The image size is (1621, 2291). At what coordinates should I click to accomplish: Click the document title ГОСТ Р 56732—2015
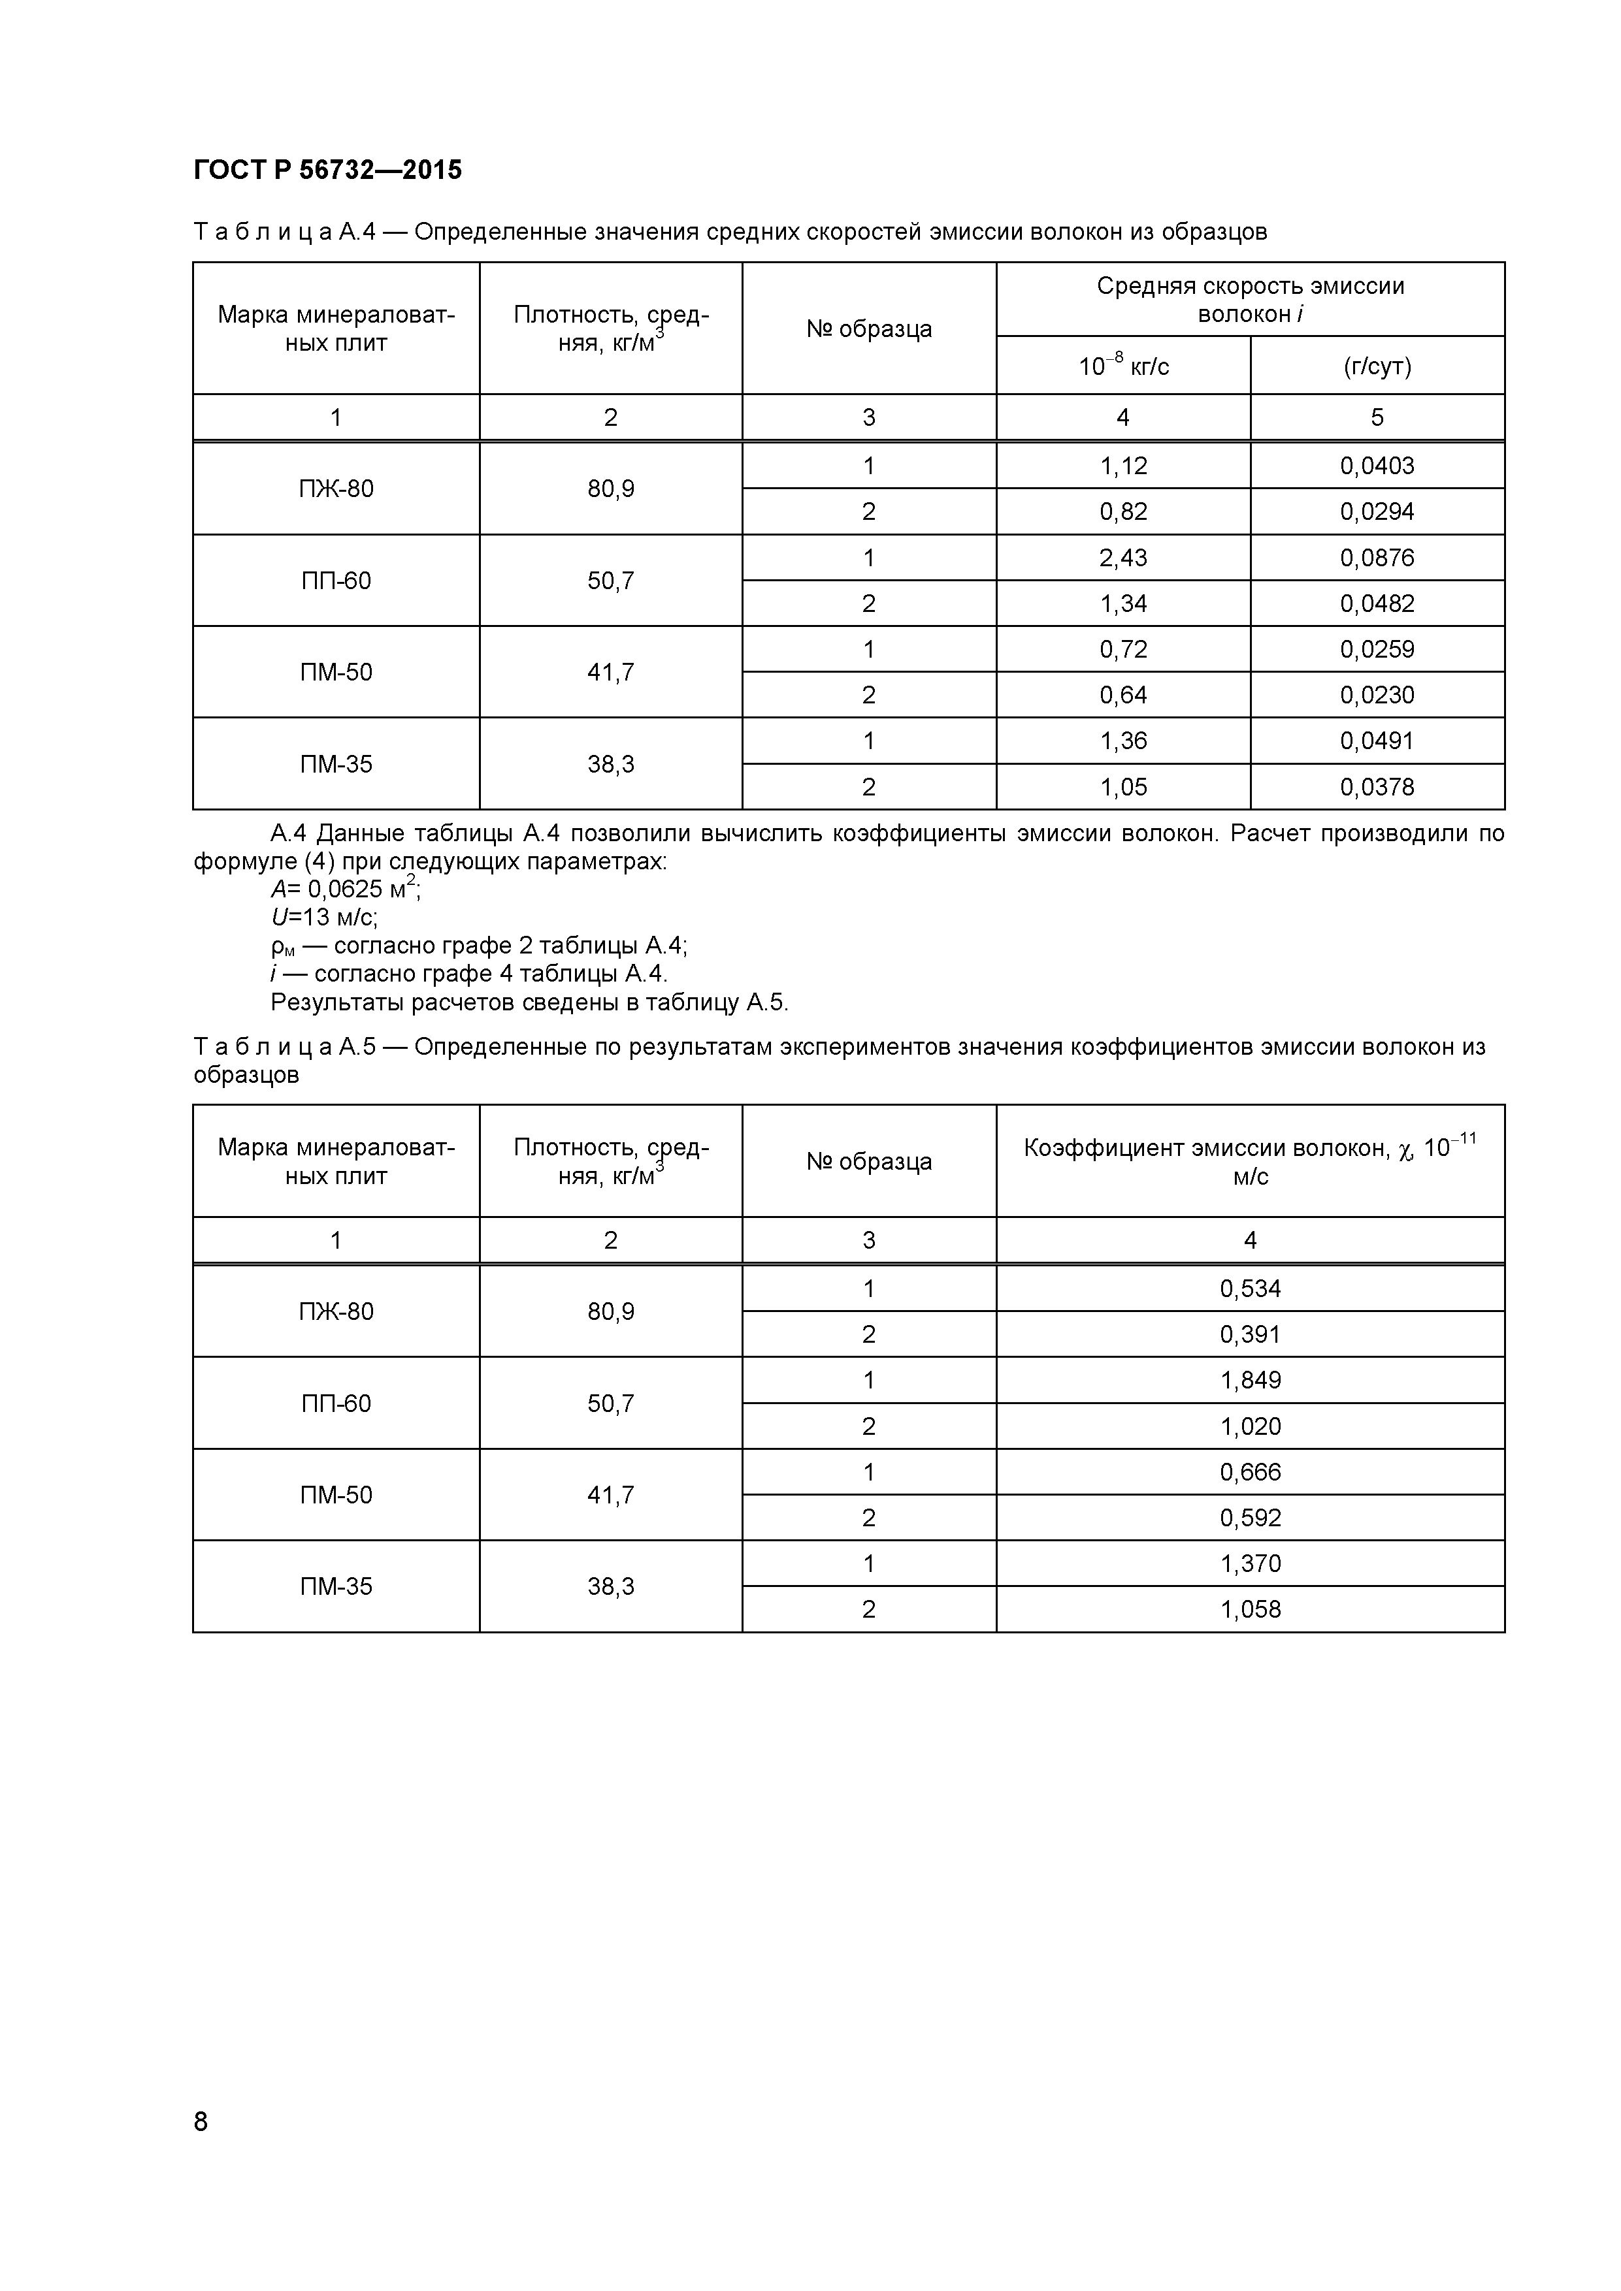(x=327, y=170)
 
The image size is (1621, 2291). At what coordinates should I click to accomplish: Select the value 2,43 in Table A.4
(x=1123, y=558)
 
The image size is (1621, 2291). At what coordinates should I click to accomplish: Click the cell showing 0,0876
(x=1377, y=558)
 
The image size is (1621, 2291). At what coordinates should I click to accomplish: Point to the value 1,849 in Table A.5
(x=1250, y=1380)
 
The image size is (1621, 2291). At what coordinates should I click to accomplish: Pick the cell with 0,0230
(x=1377, y=694)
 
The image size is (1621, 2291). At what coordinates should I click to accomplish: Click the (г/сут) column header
(x=1377, y=366)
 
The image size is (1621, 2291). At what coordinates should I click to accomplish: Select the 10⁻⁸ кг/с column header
(x=1123, y=366)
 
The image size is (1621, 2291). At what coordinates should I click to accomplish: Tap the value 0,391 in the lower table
(x=1250, y=1334)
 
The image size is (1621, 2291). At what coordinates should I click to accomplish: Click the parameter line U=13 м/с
(x=325, y=916)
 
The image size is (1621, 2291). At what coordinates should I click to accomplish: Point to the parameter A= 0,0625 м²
(x=346, y=888)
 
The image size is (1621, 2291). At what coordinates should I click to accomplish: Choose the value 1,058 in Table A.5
(x=1250, y=1609)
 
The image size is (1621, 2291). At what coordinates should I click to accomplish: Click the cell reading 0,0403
(x=1377, y=466)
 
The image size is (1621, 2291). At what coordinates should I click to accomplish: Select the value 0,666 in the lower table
(x=1250, y=1472)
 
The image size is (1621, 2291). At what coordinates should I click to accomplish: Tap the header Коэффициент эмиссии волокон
(x=1250, y=1161)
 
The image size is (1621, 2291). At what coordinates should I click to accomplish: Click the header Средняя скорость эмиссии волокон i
(x=1250, y=299)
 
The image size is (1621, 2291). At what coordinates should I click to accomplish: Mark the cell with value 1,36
(x=1123, y=741)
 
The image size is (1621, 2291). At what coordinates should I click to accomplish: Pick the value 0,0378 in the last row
(x=1377, y=787)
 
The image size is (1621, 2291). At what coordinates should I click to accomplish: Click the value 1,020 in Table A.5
(x=1250, y=1426)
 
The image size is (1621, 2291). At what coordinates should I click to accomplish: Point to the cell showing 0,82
(x=1123, y=512)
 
